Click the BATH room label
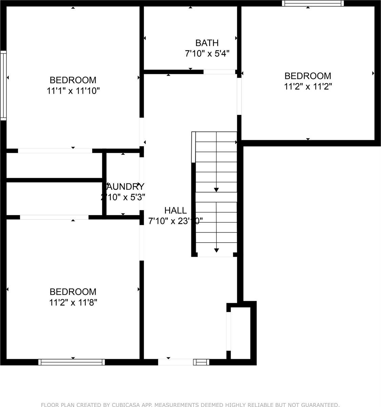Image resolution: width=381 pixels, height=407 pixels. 207,43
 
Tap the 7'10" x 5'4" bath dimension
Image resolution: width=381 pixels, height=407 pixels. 207,54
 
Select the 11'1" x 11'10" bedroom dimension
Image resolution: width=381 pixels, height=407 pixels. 73,91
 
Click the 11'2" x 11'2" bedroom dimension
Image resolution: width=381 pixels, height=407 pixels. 308,86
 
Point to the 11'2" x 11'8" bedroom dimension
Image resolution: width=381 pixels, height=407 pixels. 73,303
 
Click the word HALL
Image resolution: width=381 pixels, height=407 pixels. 175,210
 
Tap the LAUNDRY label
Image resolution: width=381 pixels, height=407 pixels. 125,187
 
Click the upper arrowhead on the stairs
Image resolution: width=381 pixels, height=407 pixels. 216,190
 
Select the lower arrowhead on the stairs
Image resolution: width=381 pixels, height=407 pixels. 216,250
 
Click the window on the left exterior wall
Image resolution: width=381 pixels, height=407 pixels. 3,85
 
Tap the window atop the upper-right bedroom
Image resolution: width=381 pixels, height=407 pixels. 312,3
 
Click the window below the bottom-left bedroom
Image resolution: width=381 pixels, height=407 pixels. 71,362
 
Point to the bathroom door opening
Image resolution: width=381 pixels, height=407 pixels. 219,72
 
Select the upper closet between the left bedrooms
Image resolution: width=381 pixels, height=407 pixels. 54,166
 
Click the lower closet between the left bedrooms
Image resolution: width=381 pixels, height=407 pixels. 54,198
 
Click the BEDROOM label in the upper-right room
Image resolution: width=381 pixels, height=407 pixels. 308,76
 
